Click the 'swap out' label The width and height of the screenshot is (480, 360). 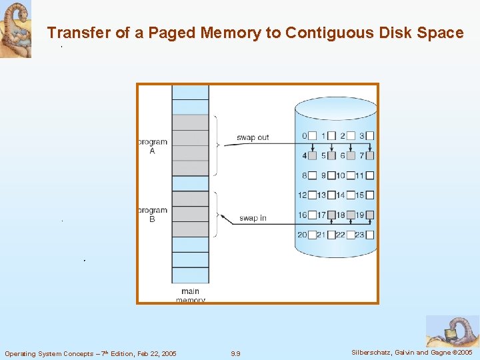(x=253, y=137)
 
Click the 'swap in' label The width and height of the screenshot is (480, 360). (x=253, y=218)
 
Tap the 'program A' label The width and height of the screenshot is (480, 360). (x=152, y=146)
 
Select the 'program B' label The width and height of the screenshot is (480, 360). (x=152, y=215)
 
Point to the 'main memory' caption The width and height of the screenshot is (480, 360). (x=190, y=295)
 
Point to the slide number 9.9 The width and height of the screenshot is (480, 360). (x=235, y=353)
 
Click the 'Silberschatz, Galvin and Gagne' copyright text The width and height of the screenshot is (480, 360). (x=411, y=352)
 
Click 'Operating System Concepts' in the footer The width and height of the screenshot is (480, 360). (x=46, y=353)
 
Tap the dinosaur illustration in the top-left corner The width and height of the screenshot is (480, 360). (x=15, y=29)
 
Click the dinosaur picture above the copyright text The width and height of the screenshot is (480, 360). (x=451, y=331)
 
